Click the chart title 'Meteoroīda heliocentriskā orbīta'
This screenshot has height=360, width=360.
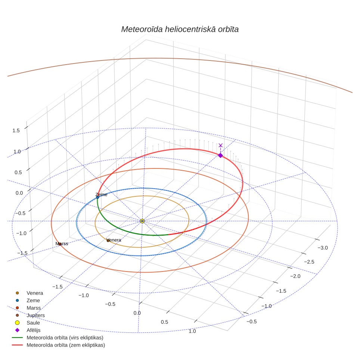click(180, 30)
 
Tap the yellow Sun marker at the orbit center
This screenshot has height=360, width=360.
click(142, 221)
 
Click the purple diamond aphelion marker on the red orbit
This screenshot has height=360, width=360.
click(220, 155)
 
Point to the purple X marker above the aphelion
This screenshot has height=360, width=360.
click(221, 145)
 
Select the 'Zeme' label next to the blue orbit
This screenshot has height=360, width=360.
click(101, 195)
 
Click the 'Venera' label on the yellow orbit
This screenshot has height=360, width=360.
click(114, 240)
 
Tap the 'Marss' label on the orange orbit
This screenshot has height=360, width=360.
click(62, 243)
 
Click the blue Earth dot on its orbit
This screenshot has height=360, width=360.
click(97, 197)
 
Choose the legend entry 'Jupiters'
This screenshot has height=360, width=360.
click(35, 316)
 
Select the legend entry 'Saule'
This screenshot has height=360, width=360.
click(33, 323)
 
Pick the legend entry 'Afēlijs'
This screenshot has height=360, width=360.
click(34, 330)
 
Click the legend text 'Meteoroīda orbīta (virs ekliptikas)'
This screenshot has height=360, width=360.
click(65, 338)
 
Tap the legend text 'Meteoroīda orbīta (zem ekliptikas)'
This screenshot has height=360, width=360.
click(66, 345)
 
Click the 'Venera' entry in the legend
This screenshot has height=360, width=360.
click(35, 293)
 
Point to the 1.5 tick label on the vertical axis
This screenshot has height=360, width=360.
click(16, 131)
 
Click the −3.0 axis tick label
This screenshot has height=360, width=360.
click(323, 248)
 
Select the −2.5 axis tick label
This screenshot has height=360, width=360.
click(309, 262)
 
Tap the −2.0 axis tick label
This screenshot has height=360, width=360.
click(295, 276)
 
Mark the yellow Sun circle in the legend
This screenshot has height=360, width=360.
click(17, 323)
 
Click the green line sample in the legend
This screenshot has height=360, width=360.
click(17, 338)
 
